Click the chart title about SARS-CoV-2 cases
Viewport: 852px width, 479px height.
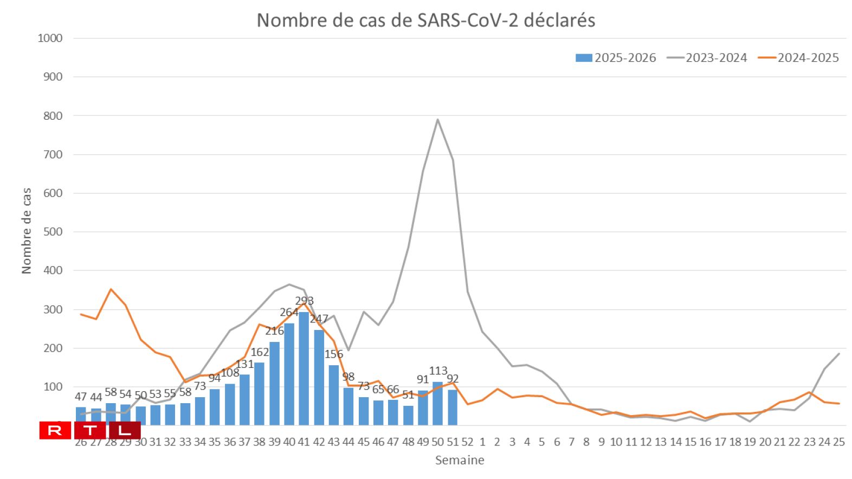[425, 20]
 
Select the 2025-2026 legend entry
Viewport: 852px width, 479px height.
[616, 58]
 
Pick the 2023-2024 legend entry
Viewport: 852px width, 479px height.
[707, 58]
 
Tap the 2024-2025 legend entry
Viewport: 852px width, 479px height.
[799, 58]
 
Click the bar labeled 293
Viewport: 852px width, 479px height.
[304, 368]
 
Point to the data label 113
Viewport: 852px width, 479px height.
[438, 371]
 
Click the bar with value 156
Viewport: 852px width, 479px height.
[334, 395]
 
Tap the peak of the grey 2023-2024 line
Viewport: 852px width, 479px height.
[437, 120]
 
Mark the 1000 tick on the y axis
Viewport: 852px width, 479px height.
[50, 38]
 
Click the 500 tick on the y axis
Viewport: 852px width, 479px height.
[52, 232]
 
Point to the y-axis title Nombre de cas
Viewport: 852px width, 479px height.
[27, 231]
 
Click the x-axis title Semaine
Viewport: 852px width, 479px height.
[460, 461]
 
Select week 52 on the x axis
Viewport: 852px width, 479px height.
[467, 442]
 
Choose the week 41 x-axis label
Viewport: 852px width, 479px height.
[304, 442]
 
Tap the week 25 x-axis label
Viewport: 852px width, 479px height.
[838, 442]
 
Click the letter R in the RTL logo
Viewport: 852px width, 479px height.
[55, 431]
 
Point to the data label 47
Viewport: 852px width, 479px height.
[81, 397]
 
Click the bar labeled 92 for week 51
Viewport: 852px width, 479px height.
[453, 407]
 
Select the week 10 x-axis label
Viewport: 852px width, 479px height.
[616, 442]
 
